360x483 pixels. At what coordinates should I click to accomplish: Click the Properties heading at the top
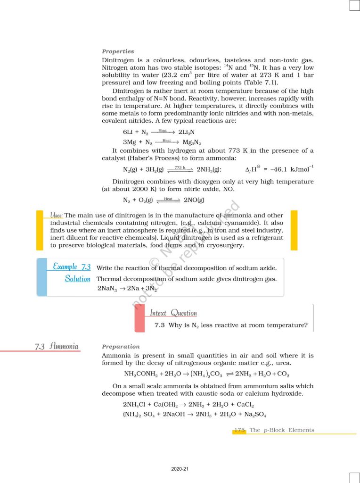(118, 51)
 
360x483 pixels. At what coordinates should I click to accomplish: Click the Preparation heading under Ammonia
(121, 347)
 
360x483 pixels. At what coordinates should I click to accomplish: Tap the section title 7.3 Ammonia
(57, 347)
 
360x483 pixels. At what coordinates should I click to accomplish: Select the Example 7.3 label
(72, 267)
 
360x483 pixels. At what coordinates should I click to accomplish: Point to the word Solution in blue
(78, 279)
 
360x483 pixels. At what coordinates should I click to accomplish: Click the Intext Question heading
(173, 313)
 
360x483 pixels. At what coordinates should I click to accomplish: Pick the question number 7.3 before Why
(159, 325)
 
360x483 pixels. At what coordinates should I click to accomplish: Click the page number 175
(239, 430)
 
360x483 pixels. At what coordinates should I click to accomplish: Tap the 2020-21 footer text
(180, 469)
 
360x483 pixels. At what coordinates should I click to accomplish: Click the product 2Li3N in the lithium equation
(187, 133)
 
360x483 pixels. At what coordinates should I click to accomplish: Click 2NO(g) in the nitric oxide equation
(194, 200)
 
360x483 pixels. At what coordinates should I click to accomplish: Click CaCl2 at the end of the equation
(245, 405)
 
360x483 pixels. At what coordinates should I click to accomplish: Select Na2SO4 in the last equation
(256, 415)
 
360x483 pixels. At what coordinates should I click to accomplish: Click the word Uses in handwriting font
(57, 215)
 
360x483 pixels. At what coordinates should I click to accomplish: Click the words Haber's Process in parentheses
(151, 158)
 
